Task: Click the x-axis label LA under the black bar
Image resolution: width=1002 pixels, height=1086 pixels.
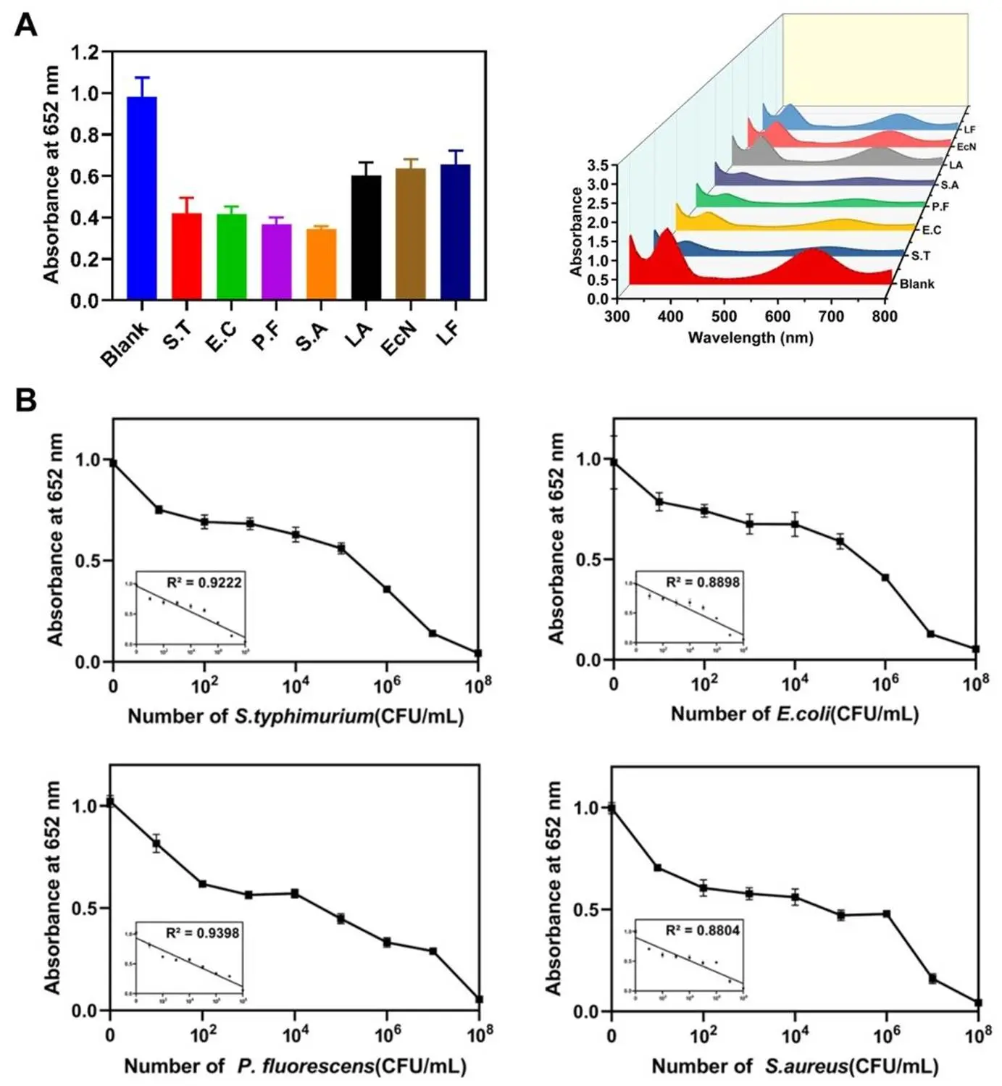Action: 358,335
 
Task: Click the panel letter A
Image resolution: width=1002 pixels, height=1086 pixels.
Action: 26,26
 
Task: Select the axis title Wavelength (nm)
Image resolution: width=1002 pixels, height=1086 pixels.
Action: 751,338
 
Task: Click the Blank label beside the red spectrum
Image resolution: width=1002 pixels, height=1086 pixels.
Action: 917,284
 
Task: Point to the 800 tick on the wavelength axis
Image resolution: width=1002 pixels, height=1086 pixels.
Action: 885,316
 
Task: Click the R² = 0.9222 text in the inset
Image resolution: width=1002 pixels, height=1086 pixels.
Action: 204,582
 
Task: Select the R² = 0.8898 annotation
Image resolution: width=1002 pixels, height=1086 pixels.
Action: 703,581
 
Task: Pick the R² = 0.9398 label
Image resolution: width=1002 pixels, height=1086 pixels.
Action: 202,932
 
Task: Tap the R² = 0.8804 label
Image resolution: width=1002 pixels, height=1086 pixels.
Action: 703,930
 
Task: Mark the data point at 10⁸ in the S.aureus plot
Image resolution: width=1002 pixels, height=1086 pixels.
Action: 978,1003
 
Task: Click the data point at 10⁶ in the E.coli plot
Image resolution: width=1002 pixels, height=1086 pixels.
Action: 885,577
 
